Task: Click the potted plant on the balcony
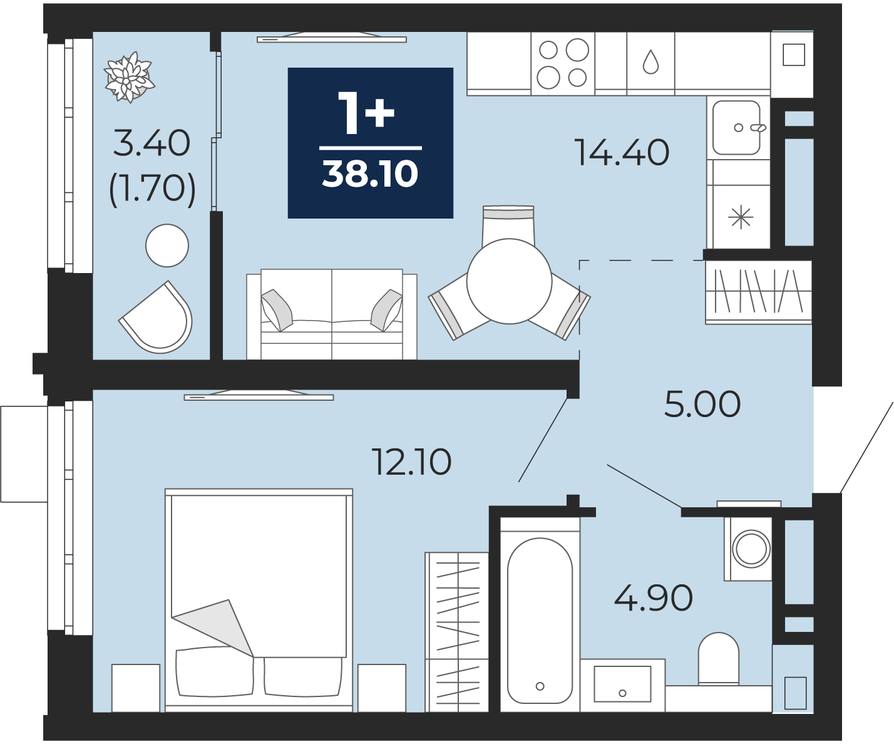point(130,78)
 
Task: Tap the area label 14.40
point(623,153)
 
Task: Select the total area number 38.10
point(370,174)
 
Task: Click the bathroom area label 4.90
point(654,598)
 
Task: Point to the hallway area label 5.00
point(702,405)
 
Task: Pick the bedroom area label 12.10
point(411,462)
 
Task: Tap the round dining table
point(509,281)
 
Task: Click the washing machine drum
point(751,549)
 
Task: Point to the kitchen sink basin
point(736,128)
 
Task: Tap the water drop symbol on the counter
point(650,61)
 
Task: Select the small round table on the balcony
point(167,245)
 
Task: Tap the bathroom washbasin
point(622,684)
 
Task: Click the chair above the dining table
point(508,224)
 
